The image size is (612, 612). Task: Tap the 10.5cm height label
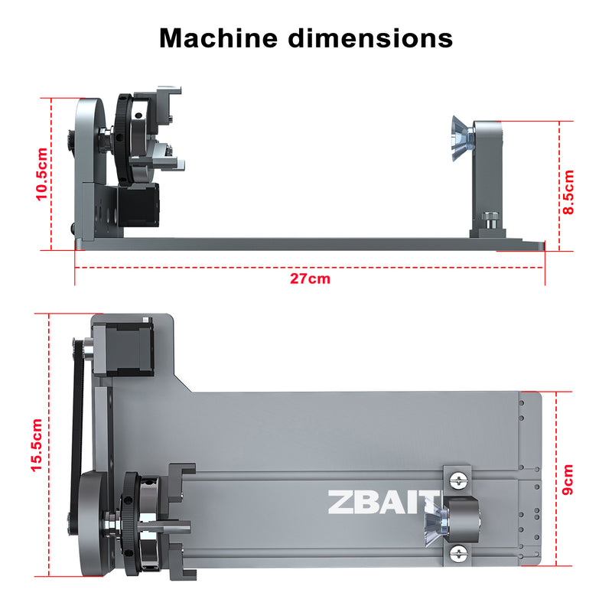pos(42,174)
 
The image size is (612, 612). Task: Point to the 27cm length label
pos(310,278)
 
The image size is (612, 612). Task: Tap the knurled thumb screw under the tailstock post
pos(490,221)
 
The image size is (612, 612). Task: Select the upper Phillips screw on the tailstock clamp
pos(458,479)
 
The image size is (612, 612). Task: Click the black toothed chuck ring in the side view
pos(122,138)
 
